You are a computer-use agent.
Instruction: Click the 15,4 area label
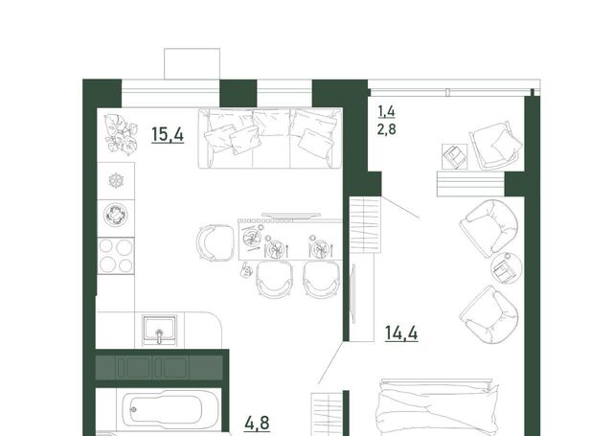[168, 135]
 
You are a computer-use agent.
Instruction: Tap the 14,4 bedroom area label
[401, 333]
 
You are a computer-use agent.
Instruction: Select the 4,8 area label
[257, 424]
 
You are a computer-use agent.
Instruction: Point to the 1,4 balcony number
[386, 112]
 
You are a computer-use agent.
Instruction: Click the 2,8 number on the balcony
[386, 129]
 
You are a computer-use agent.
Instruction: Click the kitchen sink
[160, 330]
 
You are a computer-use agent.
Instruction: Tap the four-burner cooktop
[116, 256]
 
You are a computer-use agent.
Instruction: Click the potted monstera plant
[122, 134]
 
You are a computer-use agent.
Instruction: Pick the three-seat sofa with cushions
[270, 138]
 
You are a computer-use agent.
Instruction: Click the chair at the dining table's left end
[215, 242]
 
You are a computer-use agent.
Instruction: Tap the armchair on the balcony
[495, 146]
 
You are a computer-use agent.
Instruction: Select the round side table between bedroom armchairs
[507, 268]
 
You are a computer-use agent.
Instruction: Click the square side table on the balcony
[455, 156]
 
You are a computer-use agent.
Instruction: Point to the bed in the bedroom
[437, 408]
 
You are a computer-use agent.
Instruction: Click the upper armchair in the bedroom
[488, 228]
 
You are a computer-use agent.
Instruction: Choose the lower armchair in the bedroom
[489, 314]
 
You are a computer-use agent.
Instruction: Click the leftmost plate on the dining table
[251, 237]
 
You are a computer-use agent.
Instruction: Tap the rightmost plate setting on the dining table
[320, 248]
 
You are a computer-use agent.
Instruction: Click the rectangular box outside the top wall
[192, 64]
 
